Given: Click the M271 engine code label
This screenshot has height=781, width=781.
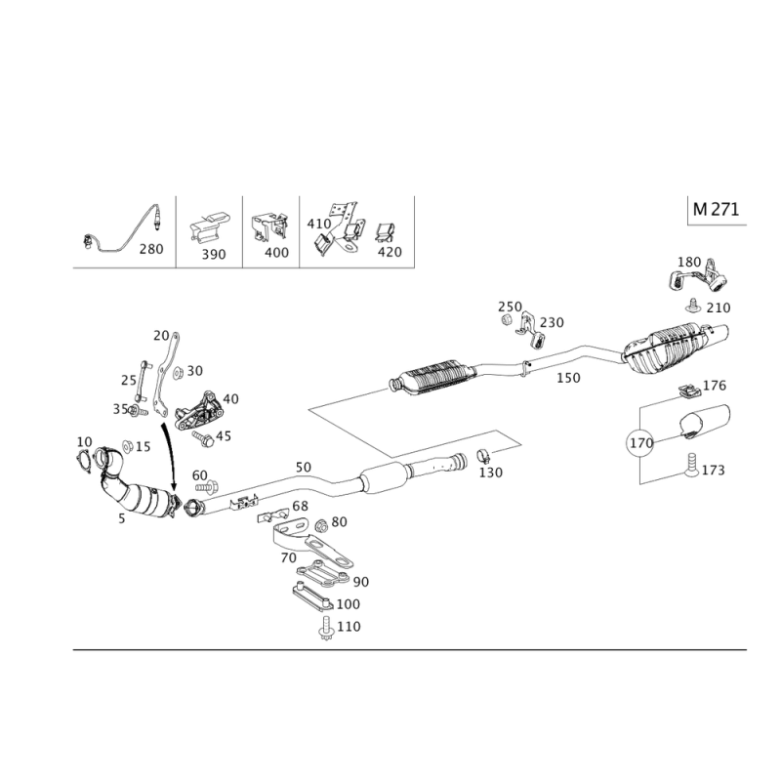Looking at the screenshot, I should click(x=716, y=210).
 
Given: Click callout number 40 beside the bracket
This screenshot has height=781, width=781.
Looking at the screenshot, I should click(x=231, y=398).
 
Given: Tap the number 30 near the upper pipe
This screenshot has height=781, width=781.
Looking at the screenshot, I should click(x=194, y=370).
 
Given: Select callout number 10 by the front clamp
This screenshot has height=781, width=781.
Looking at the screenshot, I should click(x=83, y=441).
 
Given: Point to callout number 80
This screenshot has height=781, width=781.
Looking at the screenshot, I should click(x=340, y=521).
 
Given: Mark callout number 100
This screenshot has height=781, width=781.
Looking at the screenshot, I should click(x=348, y=604).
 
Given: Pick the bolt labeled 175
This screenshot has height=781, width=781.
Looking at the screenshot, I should click(x=714, y=471).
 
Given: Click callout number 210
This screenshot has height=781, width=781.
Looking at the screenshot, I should click(x=719, y=308).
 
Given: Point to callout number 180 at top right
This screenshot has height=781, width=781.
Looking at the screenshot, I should click(x=690, y=263).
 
